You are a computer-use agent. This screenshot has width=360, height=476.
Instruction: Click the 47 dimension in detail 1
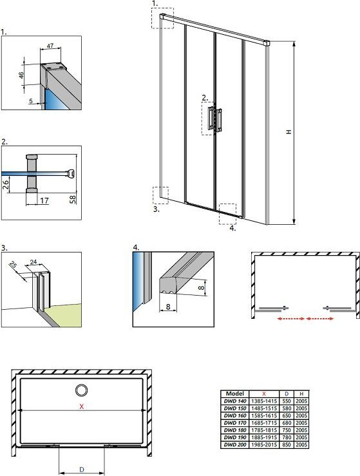pyautogui.click(x=50, y=46)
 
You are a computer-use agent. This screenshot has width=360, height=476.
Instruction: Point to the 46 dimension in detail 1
pyautogui.click(x=21, y=75)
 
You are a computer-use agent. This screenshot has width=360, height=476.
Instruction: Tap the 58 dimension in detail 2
pyautogui.click(x=73, y=199)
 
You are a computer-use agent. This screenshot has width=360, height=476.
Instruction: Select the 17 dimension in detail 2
pyautogui.click(x=44, y=200)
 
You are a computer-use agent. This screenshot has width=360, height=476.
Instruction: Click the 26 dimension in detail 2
pyautogui.click(x=6, y=184)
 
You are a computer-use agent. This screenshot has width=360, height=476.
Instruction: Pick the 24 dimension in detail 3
pyautogui.click(x=33, y=262)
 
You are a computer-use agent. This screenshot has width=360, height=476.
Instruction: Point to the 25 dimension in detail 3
pyautogui.click(x=13, y=265)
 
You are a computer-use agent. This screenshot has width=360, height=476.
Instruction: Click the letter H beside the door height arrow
pyautogui.click(x=289, y=132)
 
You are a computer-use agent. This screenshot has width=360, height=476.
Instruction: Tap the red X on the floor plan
pyautogui.click(x=81, y=406)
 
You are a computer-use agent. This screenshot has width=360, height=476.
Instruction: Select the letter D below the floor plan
pyautogui.click(x=81, y=470)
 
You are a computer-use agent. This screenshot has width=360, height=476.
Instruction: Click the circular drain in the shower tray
pyautogui.click(x=81, y=390)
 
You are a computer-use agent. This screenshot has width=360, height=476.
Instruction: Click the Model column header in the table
pyautogui.click(x=234, y=394)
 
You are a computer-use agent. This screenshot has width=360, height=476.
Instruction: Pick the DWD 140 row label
pyautogui.click(x=235, y=401)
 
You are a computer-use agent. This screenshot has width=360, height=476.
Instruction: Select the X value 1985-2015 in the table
pyautogui.click(x=264, y=444)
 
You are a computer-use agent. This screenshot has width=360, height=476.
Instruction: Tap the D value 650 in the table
pyautogui.click(x=287, y=415)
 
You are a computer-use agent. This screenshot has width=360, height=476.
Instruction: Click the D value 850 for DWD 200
pyautogui.click(x=287, y=444)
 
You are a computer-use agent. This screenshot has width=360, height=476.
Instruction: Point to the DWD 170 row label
pyautogui.click(x=235, y=423)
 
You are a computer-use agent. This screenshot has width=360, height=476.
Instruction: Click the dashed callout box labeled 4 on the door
pyautogui.click(x=227, y=214)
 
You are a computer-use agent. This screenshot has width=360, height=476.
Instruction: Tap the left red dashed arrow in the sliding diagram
pyautogui.click(x=291, y=318)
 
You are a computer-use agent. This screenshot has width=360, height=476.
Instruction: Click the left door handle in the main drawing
pyautogui.click(x=211, y=118)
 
